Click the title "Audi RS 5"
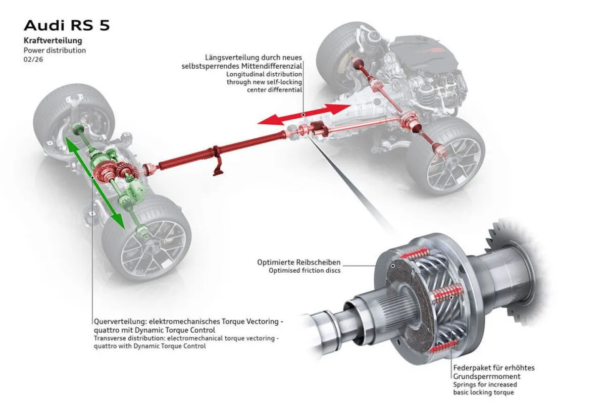[x=67, y=26]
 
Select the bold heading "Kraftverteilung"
[x=53, y=40]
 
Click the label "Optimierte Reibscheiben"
[x=299, y=262]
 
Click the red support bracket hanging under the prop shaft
[x=218, y=167]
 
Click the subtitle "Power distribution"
[x=55, y=50]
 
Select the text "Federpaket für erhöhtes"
[x=493, y=368]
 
